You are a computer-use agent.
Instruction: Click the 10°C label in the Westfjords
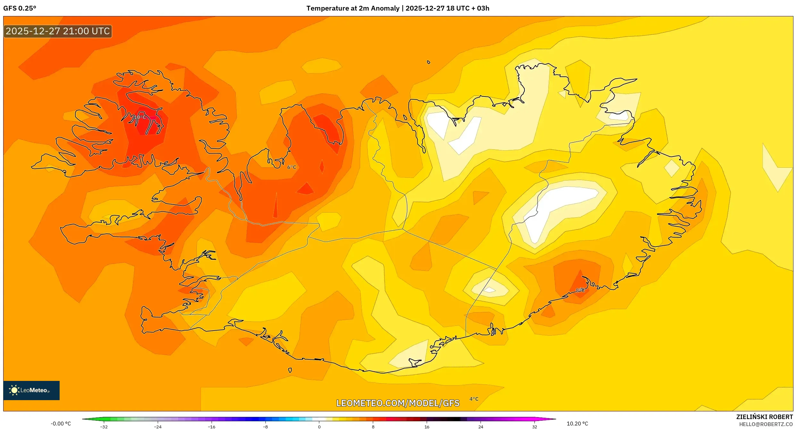coord(140,117)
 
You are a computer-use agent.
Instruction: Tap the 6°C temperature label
coord(291,167)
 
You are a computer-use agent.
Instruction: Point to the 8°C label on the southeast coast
coord(580,290)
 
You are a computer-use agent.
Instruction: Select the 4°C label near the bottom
coord(474,399)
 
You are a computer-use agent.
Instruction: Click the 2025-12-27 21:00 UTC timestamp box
coord(58,31)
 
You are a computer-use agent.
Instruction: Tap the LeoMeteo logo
coord(31,390)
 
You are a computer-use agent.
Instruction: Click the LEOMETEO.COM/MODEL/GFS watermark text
coord(398,403)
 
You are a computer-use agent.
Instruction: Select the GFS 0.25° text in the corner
coord(20,8)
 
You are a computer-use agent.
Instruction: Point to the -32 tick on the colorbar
coord(104,426)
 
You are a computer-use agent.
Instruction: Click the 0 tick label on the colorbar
coord(319,426)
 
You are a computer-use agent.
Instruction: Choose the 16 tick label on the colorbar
coord(427,426)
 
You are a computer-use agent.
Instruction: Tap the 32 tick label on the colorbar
coord(534,426)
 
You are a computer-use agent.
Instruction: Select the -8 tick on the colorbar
coord(265,426)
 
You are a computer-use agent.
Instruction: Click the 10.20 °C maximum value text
coord(577,424)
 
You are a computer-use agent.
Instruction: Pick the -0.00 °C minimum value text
coord(61,424)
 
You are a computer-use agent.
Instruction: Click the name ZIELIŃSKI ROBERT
coord(764,417)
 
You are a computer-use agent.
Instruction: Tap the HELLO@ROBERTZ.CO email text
coord(766,424)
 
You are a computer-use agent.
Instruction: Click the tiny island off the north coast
coord(428,62)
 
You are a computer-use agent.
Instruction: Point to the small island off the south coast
coord(290,370)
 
